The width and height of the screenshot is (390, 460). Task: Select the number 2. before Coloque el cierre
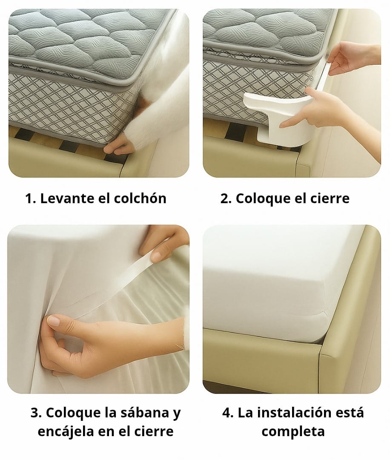225,198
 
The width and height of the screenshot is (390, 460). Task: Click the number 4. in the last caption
228,413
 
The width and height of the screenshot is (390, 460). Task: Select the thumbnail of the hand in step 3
54,321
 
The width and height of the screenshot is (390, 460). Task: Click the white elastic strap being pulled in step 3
123,273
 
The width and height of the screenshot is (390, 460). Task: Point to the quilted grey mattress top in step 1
81,38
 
